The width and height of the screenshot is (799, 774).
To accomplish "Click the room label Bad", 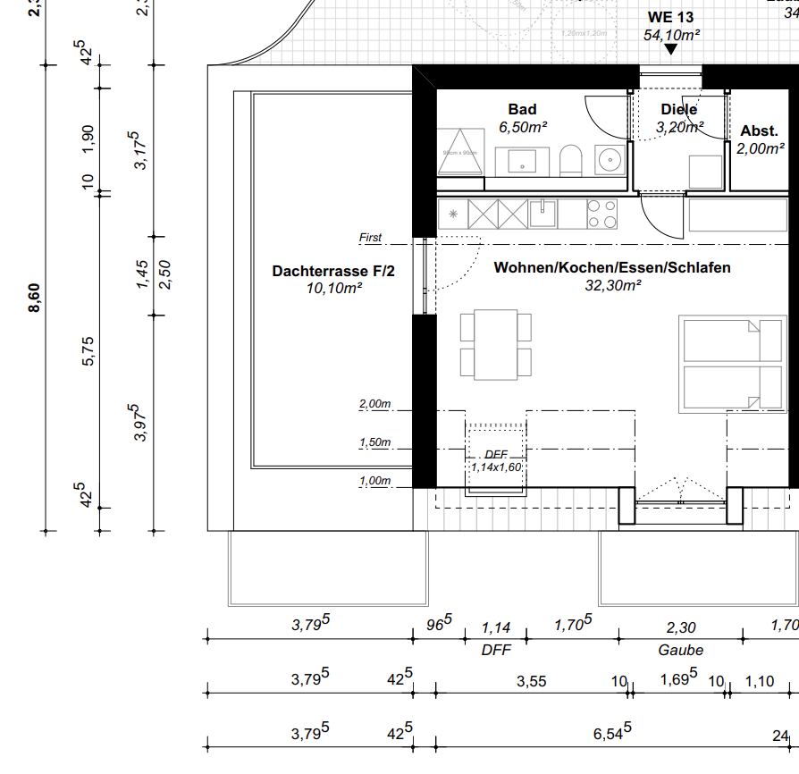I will click(522, 109).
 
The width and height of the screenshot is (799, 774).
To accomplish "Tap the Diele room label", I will click(678, 109).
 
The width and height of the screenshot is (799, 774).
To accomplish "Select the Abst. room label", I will click(759, 130).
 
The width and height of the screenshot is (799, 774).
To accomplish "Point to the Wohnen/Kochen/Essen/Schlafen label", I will click(612, 267).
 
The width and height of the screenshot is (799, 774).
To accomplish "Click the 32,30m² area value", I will click(613, 286).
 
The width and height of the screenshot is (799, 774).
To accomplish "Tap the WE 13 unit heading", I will click(670, 17).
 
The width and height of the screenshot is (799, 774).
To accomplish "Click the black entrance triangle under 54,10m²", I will click(670, 50).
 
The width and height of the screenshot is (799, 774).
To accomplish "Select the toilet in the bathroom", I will click(570, 162).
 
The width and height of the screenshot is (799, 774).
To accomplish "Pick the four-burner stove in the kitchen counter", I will click(601, 214).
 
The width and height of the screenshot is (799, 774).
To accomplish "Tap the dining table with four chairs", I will click(496, 344).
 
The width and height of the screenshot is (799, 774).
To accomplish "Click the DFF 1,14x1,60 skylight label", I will click(496, 460).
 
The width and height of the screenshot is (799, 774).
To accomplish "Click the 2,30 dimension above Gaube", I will click(680, 628).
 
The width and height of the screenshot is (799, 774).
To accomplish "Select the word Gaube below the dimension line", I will click(680, 650).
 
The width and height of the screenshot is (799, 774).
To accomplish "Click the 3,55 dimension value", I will click(532, 681).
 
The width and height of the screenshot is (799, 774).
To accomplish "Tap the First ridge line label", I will click(370, 238).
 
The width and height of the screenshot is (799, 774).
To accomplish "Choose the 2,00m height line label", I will click(374, 404).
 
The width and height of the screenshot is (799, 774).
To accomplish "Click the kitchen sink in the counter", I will click(543, 213).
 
